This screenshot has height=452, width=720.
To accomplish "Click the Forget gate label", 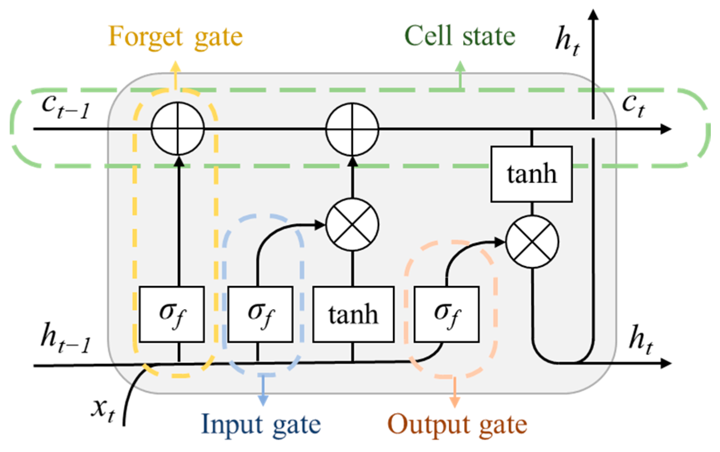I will point(175,37).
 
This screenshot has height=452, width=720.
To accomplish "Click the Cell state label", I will point(460,36).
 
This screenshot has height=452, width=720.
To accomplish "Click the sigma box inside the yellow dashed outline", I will point(172,314).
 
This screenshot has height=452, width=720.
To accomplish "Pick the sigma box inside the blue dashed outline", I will point(260,314).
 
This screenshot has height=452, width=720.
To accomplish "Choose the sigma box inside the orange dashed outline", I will point(446,314).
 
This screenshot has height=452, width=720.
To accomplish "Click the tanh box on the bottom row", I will point(353,314).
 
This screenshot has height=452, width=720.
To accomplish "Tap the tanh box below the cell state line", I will point(531,174).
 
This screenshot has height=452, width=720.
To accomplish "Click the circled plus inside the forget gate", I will point(178,129).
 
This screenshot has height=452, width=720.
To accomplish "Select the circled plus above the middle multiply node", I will point(352,129).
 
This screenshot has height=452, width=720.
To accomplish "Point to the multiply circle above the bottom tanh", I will point(352,225).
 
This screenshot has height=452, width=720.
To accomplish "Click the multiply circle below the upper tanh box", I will point(532,242).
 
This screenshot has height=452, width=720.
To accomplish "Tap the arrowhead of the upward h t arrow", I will point(594,14).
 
